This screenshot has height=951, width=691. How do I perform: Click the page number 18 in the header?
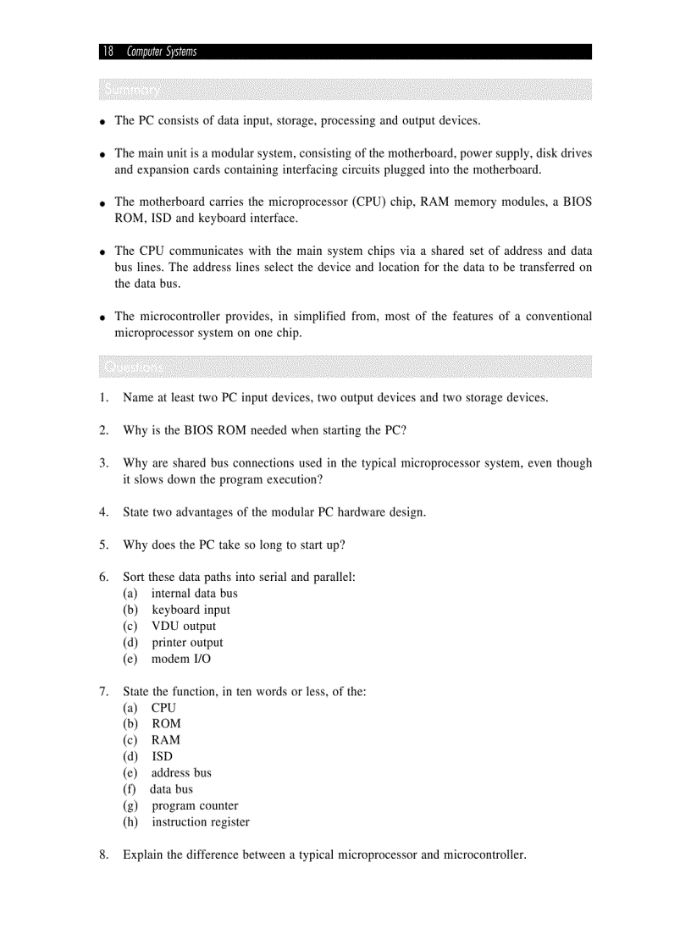tap(108, 52)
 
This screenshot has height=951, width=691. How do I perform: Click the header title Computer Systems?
tap(161, 52)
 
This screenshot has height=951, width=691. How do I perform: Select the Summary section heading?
tap(131, 90)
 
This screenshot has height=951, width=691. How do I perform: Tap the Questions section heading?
tap(134, 368)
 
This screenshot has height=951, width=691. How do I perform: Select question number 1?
tap(103, 397)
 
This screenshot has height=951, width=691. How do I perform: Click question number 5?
tap(103, 545)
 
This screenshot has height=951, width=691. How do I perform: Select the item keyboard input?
tap(191, 610)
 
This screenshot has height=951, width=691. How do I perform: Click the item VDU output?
tap(184, 626)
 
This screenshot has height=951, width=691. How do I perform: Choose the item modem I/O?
tap(181, 659)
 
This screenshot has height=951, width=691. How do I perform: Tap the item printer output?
tap(187, 643)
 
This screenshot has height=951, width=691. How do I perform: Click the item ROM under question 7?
tap(166, 723)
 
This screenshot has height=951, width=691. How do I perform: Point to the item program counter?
tap(195, 805)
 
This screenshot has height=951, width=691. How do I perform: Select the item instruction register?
tap(201, 821)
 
